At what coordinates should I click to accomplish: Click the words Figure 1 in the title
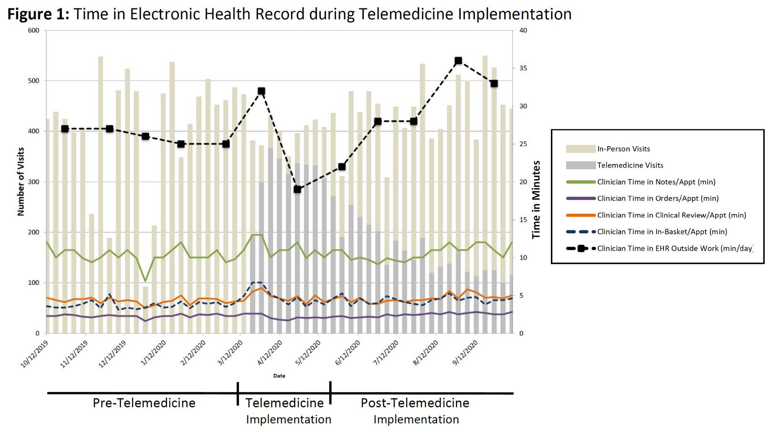pos(38,14)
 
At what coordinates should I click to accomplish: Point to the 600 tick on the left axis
pos(33,30)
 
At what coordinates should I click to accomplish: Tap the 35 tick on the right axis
pos(523,68)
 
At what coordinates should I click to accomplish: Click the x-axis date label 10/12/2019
pos(35,354)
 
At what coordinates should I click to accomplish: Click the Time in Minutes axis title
pos(536,200)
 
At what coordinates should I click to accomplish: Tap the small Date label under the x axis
pos(279,376)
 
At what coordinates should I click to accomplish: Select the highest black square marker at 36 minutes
pos(458,61)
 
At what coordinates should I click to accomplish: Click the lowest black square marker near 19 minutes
pos(297,189)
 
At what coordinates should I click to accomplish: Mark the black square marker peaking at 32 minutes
pos(261,91)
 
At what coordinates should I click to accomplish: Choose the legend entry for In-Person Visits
pos(623,149)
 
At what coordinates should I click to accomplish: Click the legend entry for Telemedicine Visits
pos(630,165)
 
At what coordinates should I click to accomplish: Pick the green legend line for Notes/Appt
pos(580,182)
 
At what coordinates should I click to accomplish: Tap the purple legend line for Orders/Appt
pos(580,198)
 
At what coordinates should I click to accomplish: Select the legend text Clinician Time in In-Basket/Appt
pos(662,231)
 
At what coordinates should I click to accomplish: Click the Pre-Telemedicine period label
pos(144,403)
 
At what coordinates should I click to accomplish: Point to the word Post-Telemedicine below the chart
pos(415,403)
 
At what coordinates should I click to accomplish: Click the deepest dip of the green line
pos(145,281)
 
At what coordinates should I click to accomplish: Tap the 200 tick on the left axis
pos(33,232)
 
